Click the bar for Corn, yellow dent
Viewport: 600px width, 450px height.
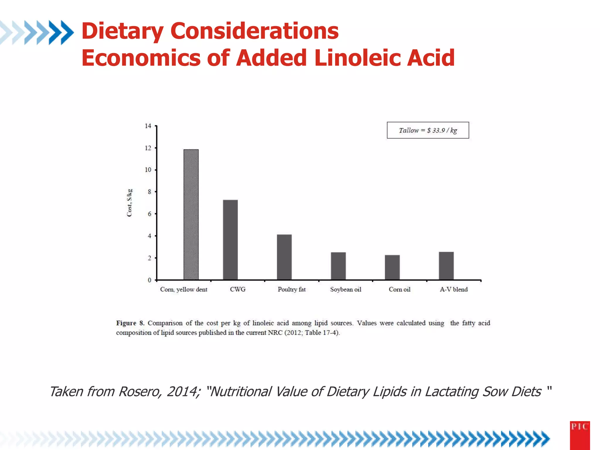point(191,214)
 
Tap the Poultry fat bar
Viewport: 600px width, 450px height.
point(284,257)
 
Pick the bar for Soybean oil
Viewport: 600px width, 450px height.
point(338,266)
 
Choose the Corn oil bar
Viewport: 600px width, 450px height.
point(392,267)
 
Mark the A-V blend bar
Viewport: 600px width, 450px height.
point(446,266)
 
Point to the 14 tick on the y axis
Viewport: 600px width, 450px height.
point(148,126)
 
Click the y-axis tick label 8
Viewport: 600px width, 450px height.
point(149,192)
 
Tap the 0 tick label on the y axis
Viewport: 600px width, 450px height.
point(149,280)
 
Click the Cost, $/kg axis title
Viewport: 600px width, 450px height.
point(129,203)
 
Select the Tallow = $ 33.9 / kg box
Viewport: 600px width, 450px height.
point(428,130)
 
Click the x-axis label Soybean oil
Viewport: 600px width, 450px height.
point(346,289)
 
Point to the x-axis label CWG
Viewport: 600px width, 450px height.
point(238,289)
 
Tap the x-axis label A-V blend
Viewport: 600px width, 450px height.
point(454,289)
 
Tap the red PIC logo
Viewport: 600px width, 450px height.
point(580,435)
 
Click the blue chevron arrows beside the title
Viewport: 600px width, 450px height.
point(37,32)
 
